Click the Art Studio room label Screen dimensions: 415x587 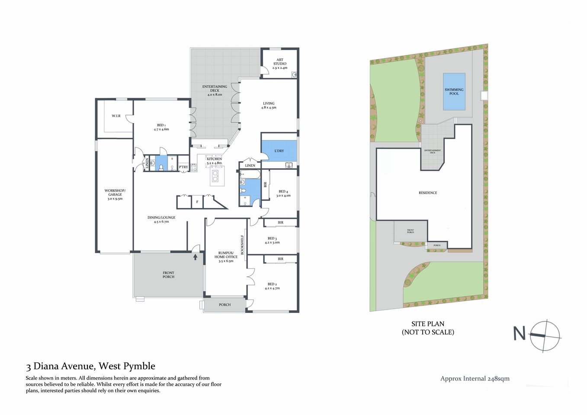279,64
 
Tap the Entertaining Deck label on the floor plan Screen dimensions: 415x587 215,90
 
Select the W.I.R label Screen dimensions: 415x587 116,116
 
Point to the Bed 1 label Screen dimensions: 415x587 161,127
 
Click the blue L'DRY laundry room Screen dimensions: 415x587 279,151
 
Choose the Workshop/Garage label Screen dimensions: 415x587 115,195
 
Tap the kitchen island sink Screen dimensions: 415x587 215,176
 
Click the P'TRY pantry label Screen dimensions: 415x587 183,167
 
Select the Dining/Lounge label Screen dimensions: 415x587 161,220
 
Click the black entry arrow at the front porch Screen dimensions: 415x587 195,257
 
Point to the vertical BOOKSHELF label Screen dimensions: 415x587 242,245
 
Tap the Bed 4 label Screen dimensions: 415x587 283,193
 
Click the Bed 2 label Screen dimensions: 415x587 272,286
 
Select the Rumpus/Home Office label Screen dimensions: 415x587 226,257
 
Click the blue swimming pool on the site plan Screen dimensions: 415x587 454,92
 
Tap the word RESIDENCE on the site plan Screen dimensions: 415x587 427,193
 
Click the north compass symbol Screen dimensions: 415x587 545,336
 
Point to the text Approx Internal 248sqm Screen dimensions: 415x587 475,379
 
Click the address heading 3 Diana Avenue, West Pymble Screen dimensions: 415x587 90,366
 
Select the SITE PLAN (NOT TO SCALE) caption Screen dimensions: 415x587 427,328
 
